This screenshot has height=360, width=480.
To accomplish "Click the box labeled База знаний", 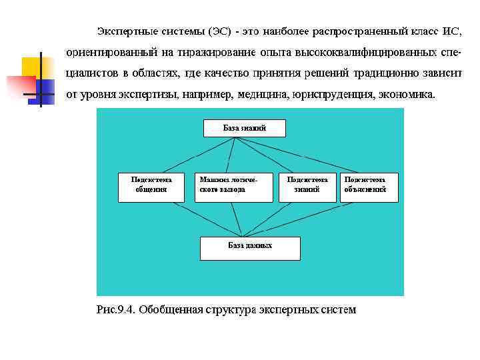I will [x=244, y=128].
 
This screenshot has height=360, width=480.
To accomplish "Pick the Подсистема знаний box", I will [x=307, y=187].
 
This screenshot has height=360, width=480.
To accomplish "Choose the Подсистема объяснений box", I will [x=369, y=187].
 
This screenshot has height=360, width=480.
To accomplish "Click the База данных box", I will [x=250, y=248].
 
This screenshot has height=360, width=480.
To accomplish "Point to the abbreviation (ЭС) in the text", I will [x=220, y=31].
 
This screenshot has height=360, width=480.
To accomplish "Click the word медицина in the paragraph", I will [x=264, y=94].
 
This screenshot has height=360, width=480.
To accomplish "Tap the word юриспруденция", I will [x=332, y=94].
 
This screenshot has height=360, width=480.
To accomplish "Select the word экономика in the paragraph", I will [x=406, y=94].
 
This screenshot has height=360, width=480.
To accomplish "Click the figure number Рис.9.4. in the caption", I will [x=117, y=309].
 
